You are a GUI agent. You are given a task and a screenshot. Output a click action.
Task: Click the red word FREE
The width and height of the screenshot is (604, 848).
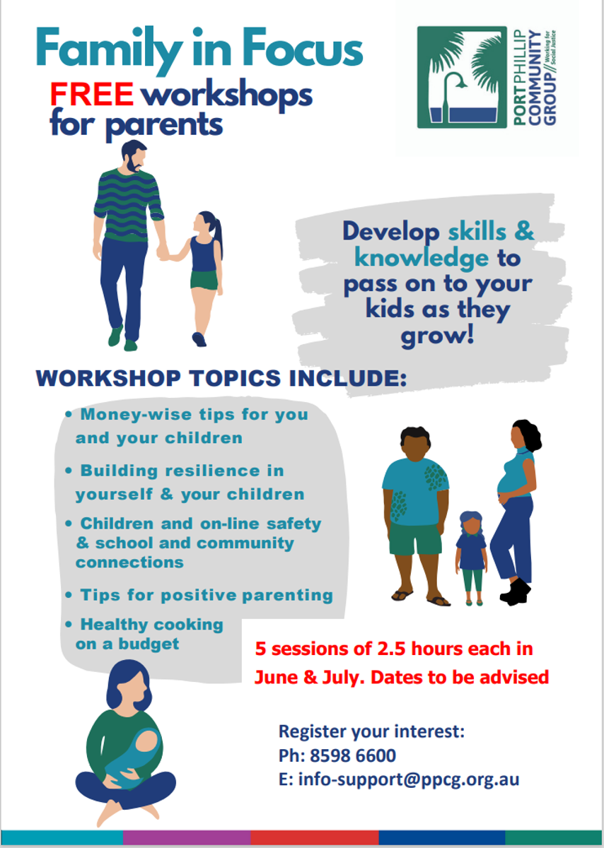(x=92, y=94)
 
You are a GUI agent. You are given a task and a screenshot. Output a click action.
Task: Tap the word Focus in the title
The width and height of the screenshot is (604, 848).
(x=303, y=50)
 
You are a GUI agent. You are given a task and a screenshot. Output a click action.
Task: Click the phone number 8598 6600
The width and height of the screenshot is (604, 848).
(x=353, y=755)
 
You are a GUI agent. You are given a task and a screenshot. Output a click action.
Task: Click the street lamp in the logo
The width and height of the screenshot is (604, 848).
(x=452, y=98)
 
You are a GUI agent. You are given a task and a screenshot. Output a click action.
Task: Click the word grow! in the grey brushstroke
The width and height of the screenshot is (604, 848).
(x=438, y=336)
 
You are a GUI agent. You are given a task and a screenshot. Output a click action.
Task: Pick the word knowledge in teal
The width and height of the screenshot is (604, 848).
(x=422, y=259)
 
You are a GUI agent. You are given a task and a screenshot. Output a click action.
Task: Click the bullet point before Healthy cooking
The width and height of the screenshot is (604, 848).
(x=69, y=625)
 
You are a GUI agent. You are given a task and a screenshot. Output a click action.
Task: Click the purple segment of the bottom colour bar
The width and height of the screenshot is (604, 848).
(x=187, y=837)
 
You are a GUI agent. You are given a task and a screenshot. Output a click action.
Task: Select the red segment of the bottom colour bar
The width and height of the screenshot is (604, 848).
(x=315, y=837)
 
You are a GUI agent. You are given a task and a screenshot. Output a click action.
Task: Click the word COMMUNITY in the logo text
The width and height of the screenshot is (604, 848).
(x=534, y=77)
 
